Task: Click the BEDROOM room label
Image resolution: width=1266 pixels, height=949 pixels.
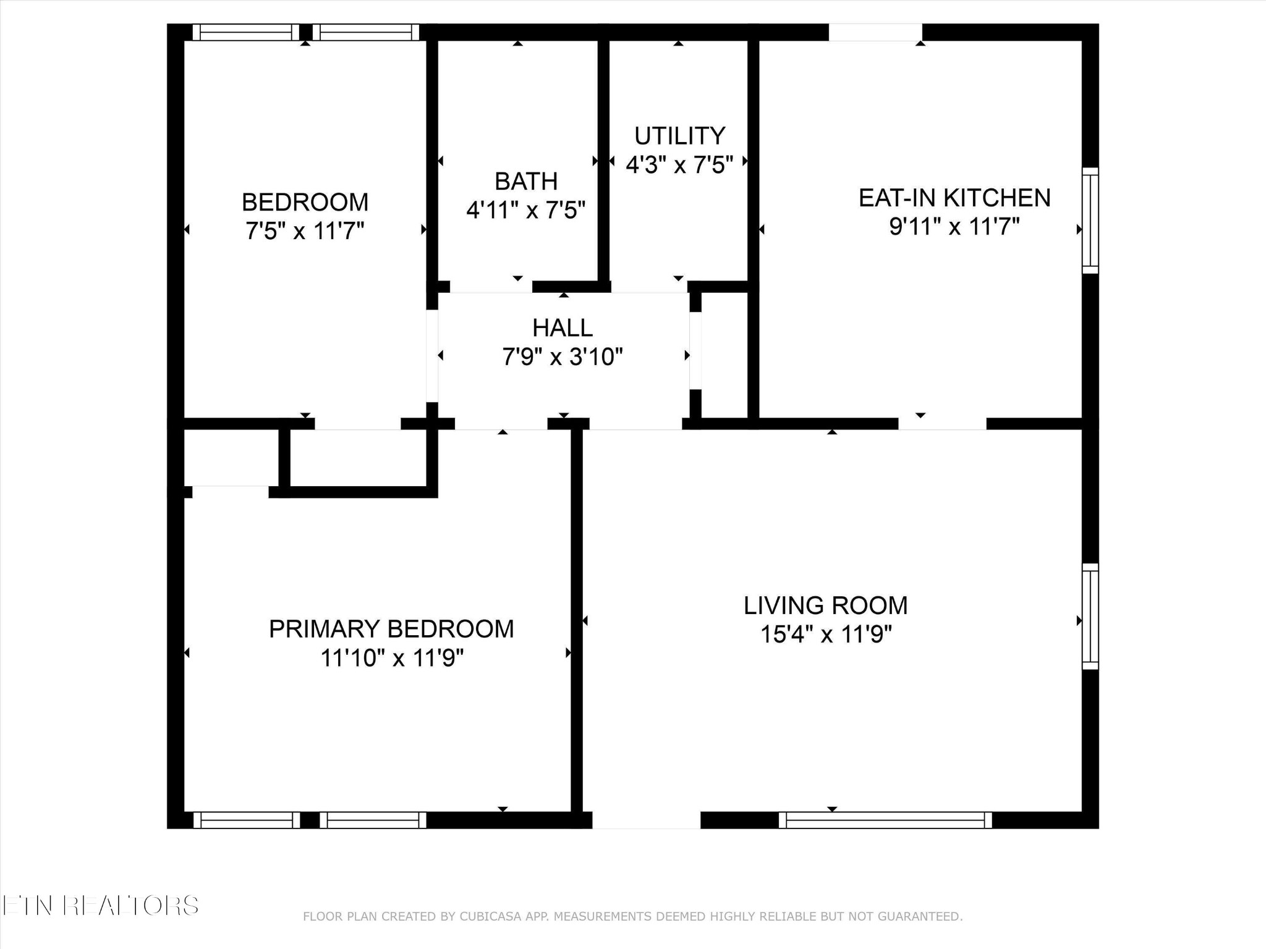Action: point(305,202)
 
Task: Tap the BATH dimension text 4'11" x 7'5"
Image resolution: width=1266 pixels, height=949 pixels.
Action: point(525,210)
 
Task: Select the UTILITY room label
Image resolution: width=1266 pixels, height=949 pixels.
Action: point(679,135)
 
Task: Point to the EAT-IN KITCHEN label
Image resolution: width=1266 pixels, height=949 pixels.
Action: point(954,198)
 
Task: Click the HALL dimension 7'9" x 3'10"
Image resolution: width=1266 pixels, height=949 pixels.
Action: point(563,356)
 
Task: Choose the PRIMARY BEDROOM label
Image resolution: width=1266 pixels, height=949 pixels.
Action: point(391,629)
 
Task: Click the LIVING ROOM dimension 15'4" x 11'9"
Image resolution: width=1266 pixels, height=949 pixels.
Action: point(826,634)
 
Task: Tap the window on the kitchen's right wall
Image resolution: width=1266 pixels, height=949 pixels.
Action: point(1090,221)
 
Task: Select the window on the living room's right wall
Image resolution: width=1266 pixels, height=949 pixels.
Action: point(1090,616)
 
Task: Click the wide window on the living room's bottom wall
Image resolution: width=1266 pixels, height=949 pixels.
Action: point(885,820)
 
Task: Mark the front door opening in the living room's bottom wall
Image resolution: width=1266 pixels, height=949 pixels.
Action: point(646,820)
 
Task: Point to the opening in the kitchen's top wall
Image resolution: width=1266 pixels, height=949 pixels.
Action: point(875,32)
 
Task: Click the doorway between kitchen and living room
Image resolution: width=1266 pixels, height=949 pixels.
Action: point(942,424)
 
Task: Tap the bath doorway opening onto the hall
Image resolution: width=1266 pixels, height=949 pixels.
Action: point(491,287)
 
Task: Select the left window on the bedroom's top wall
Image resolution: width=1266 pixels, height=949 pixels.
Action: point(246,32)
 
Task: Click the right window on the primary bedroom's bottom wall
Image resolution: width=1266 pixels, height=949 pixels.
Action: point(373,820)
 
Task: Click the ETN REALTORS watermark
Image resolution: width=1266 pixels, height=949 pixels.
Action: point(100,906)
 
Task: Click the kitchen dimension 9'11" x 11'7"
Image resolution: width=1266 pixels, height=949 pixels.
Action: point(954,227)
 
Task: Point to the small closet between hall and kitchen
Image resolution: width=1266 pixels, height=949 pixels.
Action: point(724,355)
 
